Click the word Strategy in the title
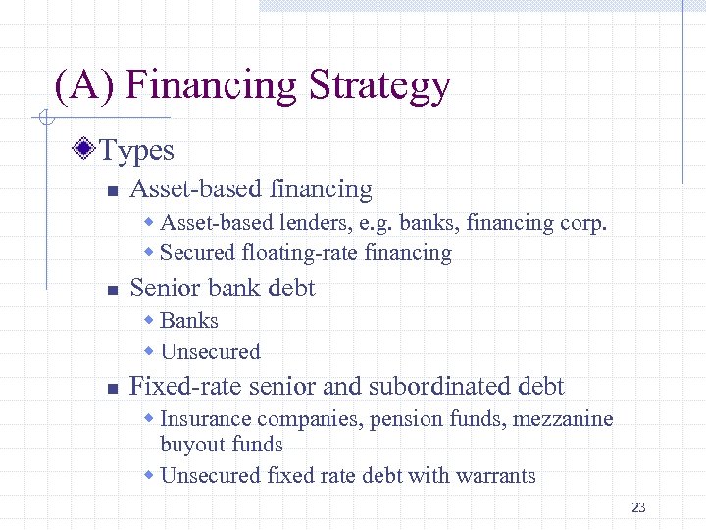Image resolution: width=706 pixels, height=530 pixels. pos(379,86)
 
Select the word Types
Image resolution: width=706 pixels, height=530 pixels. pos(137,151)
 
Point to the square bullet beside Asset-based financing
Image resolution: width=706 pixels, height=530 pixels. pos(113,191)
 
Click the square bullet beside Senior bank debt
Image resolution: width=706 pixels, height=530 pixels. pos(113,291)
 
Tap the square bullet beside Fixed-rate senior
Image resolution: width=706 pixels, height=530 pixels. pos(113,389)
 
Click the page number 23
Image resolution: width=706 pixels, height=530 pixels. pos(638,507)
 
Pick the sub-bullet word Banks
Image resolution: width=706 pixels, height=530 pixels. pos(189,321)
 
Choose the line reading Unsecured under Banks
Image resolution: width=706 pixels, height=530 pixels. pos(210,351)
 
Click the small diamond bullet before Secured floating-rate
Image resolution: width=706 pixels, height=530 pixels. pos(150,253)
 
